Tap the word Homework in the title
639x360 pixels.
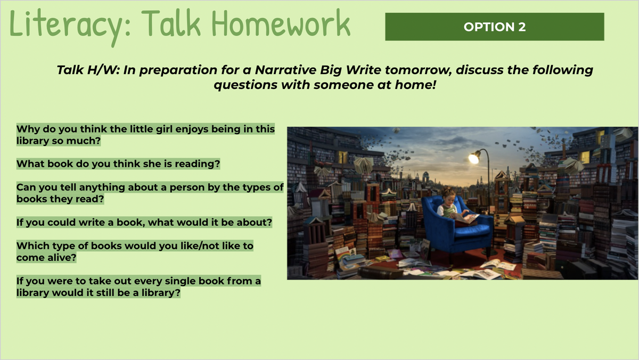tap(281, 23)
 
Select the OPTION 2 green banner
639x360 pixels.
tap(494, 27)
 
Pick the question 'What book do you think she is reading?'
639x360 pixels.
tap(118, 163)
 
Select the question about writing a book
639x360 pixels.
tap(144, 222)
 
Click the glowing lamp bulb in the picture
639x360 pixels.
tap(474, 158)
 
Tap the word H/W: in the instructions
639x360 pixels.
tap(103, 70)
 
